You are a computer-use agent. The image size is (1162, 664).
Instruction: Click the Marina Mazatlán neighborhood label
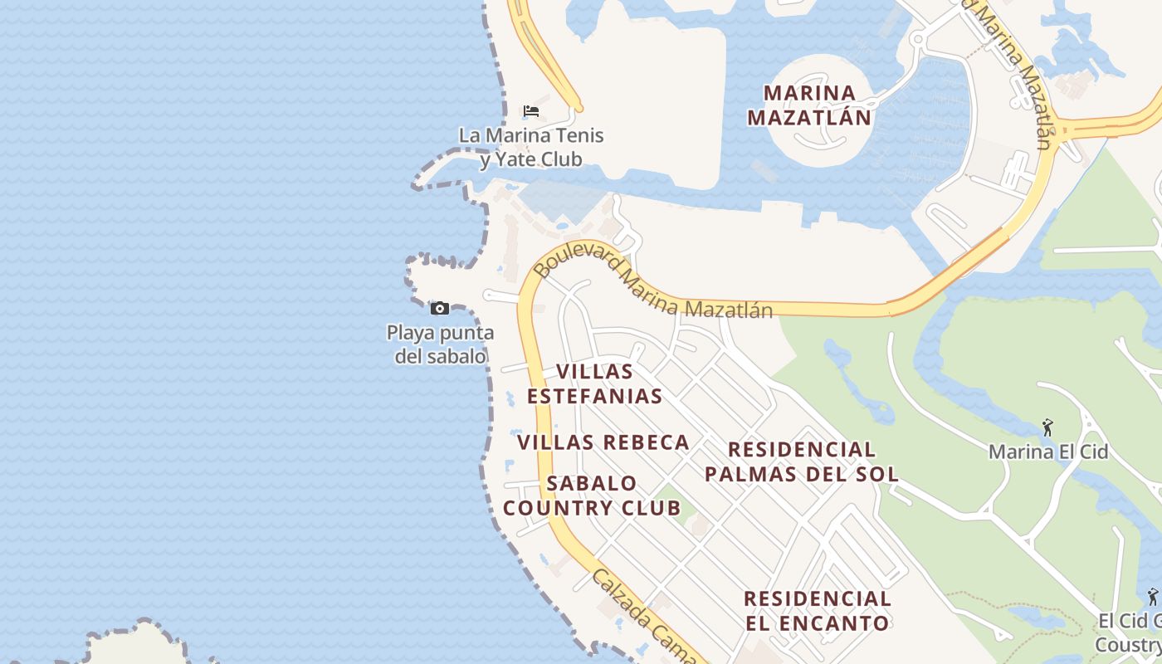(x=809, y=105)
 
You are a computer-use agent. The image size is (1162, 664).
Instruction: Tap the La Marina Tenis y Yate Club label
(x=531, y=147)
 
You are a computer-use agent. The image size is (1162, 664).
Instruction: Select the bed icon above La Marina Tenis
(x=531, y=110)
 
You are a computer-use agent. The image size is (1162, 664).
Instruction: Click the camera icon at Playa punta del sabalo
(x=440, y=309)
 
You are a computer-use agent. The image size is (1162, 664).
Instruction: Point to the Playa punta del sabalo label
(x=440, y=344)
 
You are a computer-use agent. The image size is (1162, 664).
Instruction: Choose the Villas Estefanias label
(x=594, y=383)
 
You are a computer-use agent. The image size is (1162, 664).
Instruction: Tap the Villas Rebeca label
(x=603, y=442)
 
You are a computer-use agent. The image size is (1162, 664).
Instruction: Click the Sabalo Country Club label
(x=592, y=496)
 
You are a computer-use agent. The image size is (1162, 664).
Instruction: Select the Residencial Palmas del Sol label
(x=801, y=461)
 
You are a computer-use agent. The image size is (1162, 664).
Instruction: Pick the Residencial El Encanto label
(x=817, y=610)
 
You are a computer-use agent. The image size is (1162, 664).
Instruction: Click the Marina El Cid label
(x=1047, y=452)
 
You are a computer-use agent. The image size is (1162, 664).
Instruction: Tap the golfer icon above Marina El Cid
(x=1047, y=428)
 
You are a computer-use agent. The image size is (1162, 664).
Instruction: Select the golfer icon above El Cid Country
(x=1152, y=596)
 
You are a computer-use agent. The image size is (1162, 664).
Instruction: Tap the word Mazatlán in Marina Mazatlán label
(x=809, y=117)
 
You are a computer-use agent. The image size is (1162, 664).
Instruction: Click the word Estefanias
(x=594, y=396)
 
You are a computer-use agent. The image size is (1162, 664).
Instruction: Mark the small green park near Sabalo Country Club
(x=671, y=506)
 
